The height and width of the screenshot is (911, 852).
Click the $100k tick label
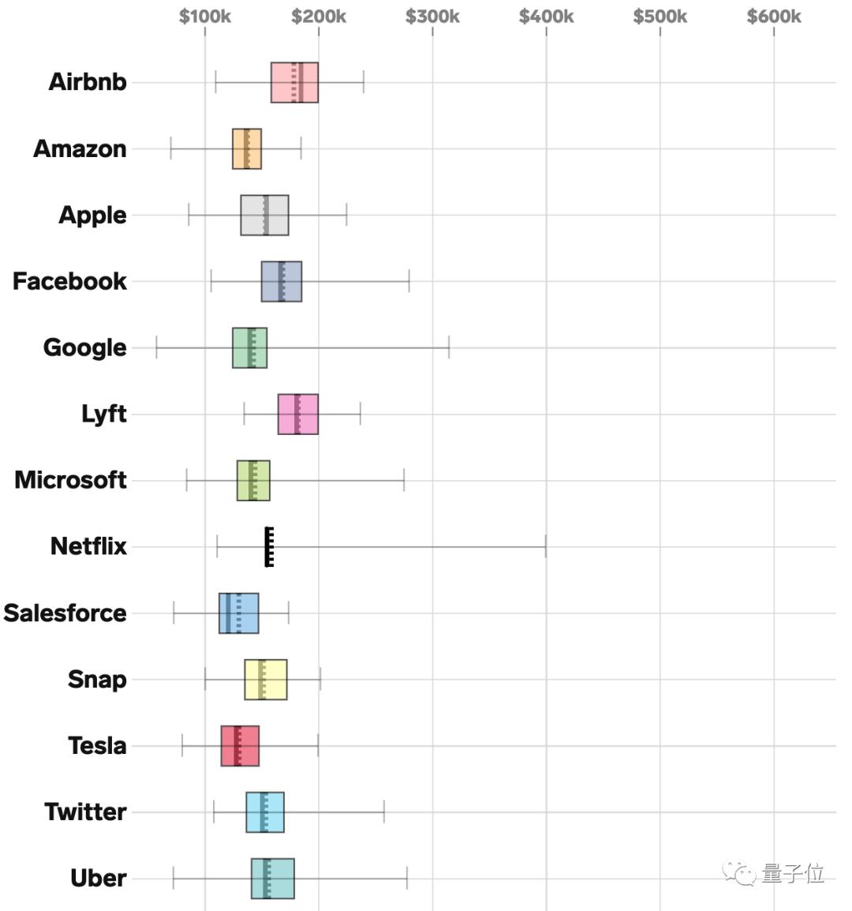point(204,17)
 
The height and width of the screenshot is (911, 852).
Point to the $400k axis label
point(546,17)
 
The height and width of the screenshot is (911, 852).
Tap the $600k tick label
point(773,17)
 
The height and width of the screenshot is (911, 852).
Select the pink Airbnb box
point(294,82)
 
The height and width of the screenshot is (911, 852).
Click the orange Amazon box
point(246,148)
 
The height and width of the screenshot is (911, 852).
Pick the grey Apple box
point(264,215)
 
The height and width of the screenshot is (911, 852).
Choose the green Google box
point(249,347)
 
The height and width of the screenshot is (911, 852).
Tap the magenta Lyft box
point(297,414)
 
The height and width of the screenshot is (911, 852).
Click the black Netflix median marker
point(269,546)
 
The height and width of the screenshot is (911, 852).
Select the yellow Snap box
point(265,679)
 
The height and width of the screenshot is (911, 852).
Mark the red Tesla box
point(240,745)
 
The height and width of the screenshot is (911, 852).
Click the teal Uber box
point(272,878)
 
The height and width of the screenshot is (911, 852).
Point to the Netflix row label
point(88,546)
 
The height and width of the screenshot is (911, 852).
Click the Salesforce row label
point(65,613)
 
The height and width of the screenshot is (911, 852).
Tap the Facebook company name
point(69,281)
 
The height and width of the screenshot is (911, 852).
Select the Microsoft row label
point(70,480)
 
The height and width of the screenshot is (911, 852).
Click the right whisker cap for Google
point(449,347)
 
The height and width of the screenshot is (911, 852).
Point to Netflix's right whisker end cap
point(545,546)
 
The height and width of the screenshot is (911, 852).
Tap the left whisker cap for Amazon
point(171,148)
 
